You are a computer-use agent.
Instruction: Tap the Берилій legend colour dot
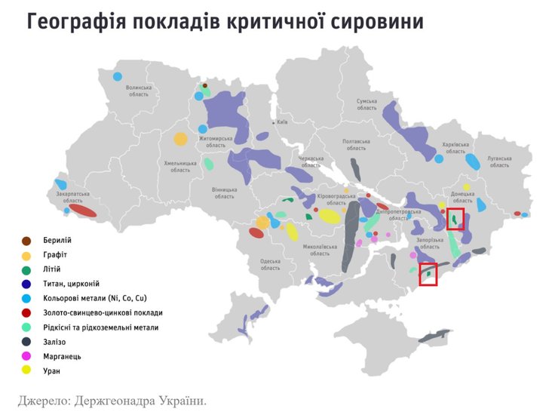[26, 241]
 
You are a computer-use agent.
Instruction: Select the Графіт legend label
[58, 255]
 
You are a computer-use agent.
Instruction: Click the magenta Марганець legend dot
[26, 356]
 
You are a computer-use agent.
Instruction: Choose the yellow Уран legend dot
[26, 370]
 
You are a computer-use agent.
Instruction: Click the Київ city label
[282, 121]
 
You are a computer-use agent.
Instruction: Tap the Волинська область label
[139, 91]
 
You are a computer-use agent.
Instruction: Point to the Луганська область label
[499, 162]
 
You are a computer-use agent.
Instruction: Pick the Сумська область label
[366, 104]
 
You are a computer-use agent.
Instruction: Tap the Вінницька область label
[224, 193]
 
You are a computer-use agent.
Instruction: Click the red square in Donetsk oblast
[455, 219]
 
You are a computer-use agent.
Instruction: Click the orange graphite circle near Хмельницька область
[181, 139]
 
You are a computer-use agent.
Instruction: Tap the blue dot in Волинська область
[117, 76]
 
